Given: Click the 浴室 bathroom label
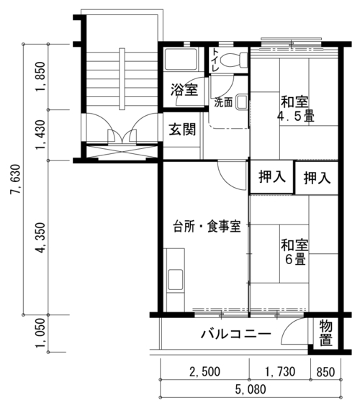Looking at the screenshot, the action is click(184, 90).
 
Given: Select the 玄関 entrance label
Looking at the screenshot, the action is click(182, 130).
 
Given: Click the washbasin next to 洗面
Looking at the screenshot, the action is click(242, 102).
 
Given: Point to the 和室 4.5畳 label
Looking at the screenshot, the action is click(295, 109).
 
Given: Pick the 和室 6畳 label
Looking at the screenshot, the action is click(294, 252).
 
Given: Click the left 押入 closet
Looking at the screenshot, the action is click(271, 177).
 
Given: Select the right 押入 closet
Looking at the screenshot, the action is click(317, 178).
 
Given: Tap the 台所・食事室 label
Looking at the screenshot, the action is click(207, 226).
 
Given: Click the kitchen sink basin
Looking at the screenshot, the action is click(175, 280).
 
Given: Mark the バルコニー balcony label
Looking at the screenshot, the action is click(236, 334).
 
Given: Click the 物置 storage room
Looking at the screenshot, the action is click(325, 333).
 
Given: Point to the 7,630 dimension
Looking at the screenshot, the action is click(15, 179).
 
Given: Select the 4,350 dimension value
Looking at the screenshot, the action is click(41, 238).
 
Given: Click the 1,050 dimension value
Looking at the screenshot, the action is click(41, 333).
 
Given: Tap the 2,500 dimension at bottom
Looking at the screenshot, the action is click(204, 371).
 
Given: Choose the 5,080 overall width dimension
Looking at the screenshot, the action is click(251, 389).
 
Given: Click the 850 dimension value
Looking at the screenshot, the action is click(325, 372).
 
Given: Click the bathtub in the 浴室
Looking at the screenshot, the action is click(181, 59).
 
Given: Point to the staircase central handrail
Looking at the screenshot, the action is click(122, 78).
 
